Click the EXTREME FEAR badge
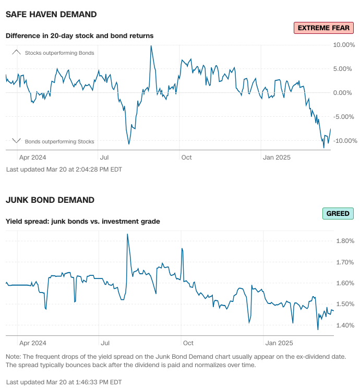(323, 28)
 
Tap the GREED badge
(338, 213)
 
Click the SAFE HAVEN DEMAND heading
(51, 15)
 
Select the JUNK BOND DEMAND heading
(50, 200)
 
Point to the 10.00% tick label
(344, 45)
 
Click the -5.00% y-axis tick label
(344, 117)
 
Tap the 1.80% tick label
(345, 241)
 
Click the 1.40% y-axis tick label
(345, 325)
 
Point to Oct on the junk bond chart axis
(188, 343)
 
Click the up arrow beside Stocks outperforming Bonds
(16, 52)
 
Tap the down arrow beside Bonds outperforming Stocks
(16, 141)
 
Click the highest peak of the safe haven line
(151, 46)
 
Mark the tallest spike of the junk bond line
(127, 234)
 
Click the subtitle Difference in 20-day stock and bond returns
(79, 36)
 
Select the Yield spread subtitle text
(82, 222)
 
